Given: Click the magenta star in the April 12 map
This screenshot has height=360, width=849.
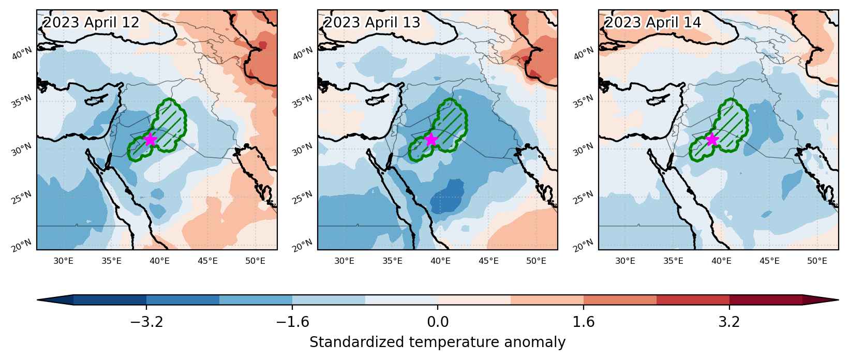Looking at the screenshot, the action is click(x=151, y=140).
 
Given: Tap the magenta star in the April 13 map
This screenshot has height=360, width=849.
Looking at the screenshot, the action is click(x=431, y=140).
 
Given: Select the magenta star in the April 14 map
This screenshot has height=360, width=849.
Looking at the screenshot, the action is click(x=712, y=140).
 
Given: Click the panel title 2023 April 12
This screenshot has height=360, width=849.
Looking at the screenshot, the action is click(x=92, y=23).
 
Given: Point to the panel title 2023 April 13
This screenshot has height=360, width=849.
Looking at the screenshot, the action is click(x=372, y=23).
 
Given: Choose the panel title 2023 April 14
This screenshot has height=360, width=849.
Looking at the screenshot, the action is click(x=653, y=23).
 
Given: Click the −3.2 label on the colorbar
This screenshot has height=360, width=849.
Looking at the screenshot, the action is click(x=146, y=322).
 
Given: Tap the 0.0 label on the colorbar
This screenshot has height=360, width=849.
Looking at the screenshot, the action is click(x=438, y=322).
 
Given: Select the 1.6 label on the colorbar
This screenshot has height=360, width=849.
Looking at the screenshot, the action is click(x=584, y=322).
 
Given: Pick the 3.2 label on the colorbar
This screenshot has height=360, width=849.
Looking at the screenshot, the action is click(x=729, y=322).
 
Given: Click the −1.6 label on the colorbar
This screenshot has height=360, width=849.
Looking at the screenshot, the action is click(x=292, y=322).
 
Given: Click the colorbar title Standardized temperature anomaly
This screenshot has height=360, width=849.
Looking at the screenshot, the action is click(x=437, y=342).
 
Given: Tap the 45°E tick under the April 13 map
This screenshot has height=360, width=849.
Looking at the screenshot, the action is click(x=488, y=261).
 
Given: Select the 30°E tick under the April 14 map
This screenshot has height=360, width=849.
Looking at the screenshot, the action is click(x=625, y=261).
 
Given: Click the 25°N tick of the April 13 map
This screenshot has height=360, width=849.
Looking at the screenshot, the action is click(x=303, y=197).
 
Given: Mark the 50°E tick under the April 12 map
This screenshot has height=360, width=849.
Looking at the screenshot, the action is click(x=255, y=261).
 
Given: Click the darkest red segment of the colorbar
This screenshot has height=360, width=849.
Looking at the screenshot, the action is click(x=766, y=300).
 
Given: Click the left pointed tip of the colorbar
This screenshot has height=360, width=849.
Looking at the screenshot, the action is click(x=38, y=300).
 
